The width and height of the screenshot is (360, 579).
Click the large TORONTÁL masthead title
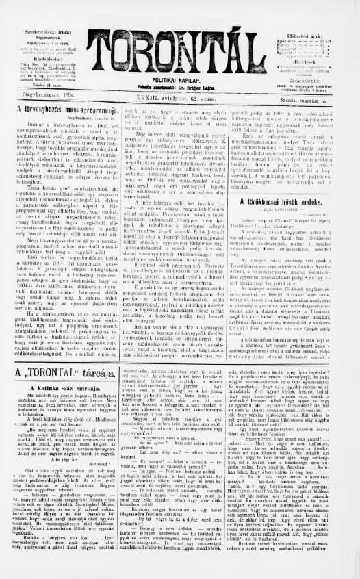click(180, 51)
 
